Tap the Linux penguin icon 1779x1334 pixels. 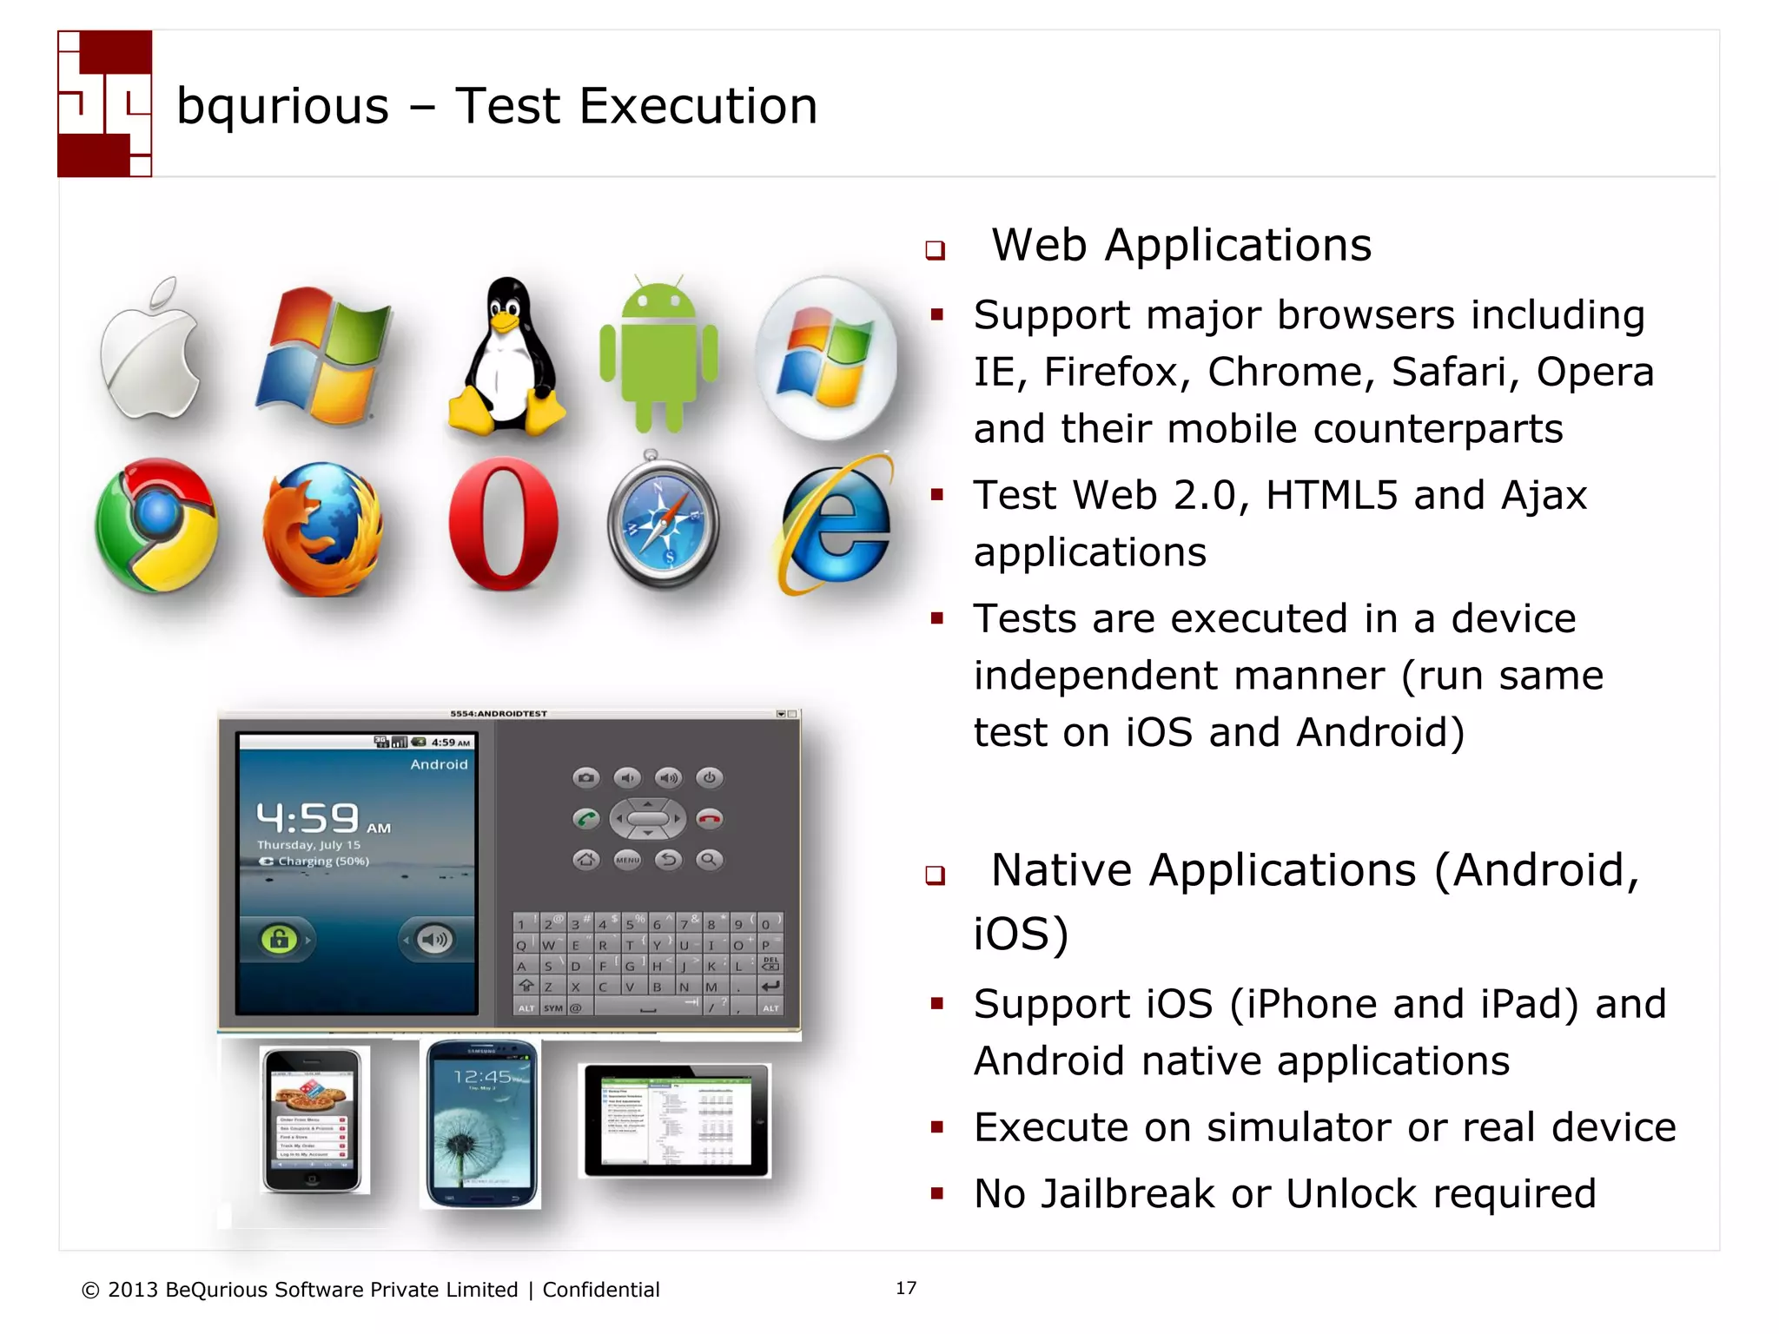point(506,358)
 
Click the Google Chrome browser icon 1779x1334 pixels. point(157,525)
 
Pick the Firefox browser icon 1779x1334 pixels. point(322,530)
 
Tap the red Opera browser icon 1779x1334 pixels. point(504,524)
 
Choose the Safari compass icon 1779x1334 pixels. point(663,524)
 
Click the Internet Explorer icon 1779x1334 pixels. point(835,525)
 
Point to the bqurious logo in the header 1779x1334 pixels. point(105,104)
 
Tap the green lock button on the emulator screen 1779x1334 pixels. point(279,939)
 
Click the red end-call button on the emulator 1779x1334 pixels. point(710,818)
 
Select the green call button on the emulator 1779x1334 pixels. point(586,818)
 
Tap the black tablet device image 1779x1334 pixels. point(676,1120)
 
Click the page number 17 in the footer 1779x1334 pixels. point(906,1288)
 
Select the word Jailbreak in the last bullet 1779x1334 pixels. point(1128,1193)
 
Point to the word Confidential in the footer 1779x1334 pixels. point(601,1290)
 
